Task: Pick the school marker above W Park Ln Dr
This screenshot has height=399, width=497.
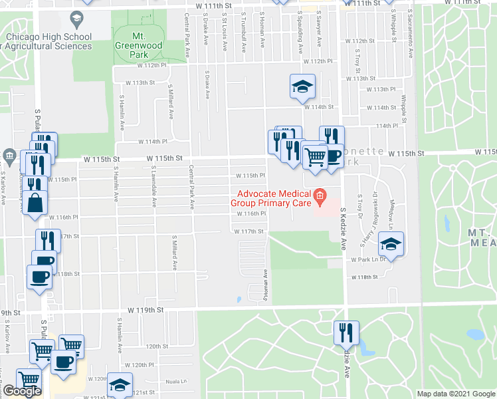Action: tap(392, 245)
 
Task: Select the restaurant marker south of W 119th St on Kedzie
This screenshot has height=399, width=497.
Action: tap(346, 332)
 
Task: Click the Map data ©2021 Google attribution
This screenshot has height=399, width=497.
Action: tap(456, 394)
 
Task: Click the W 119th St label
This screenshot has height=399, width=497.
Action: tap(145, 310)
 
